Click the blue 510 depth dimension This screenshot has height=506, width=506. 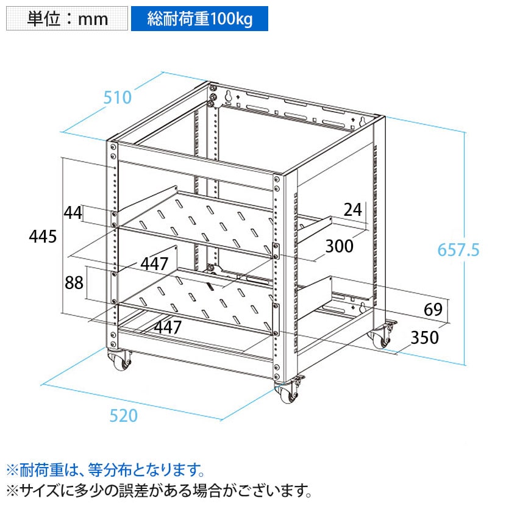pos(118,97)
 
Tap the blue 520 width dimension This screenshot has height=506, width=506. pos(124,415)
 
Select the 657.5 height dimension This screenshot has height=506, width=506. pos(458,250)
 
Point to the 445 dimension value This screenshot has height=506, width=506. pos(43,236)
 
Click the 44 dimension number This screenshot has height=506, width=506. pos(73,213)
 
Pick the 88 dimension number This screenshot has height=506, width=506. pos(74,283)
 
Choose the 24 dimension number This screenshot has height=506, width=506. pos(353,210)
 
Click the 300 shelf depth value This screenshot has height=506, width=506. pos(340,246)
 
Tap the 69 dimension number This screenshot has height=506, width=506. pos(433,310)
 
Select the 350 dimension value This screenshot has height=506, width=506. pos(425,338)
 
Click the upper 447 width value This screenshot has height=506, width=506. pos(154,264)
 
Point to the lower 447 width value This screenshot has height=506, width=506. pos(168,327)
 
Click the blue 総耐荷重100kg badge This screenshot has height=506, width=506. pos(199,18)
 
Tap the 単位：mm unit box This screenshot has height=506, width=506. pos(67,18)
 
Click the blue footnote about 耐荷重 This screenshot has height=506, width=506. pos(105,470)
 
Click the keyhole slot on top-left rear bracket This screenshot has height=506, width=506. pos(229,96)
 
